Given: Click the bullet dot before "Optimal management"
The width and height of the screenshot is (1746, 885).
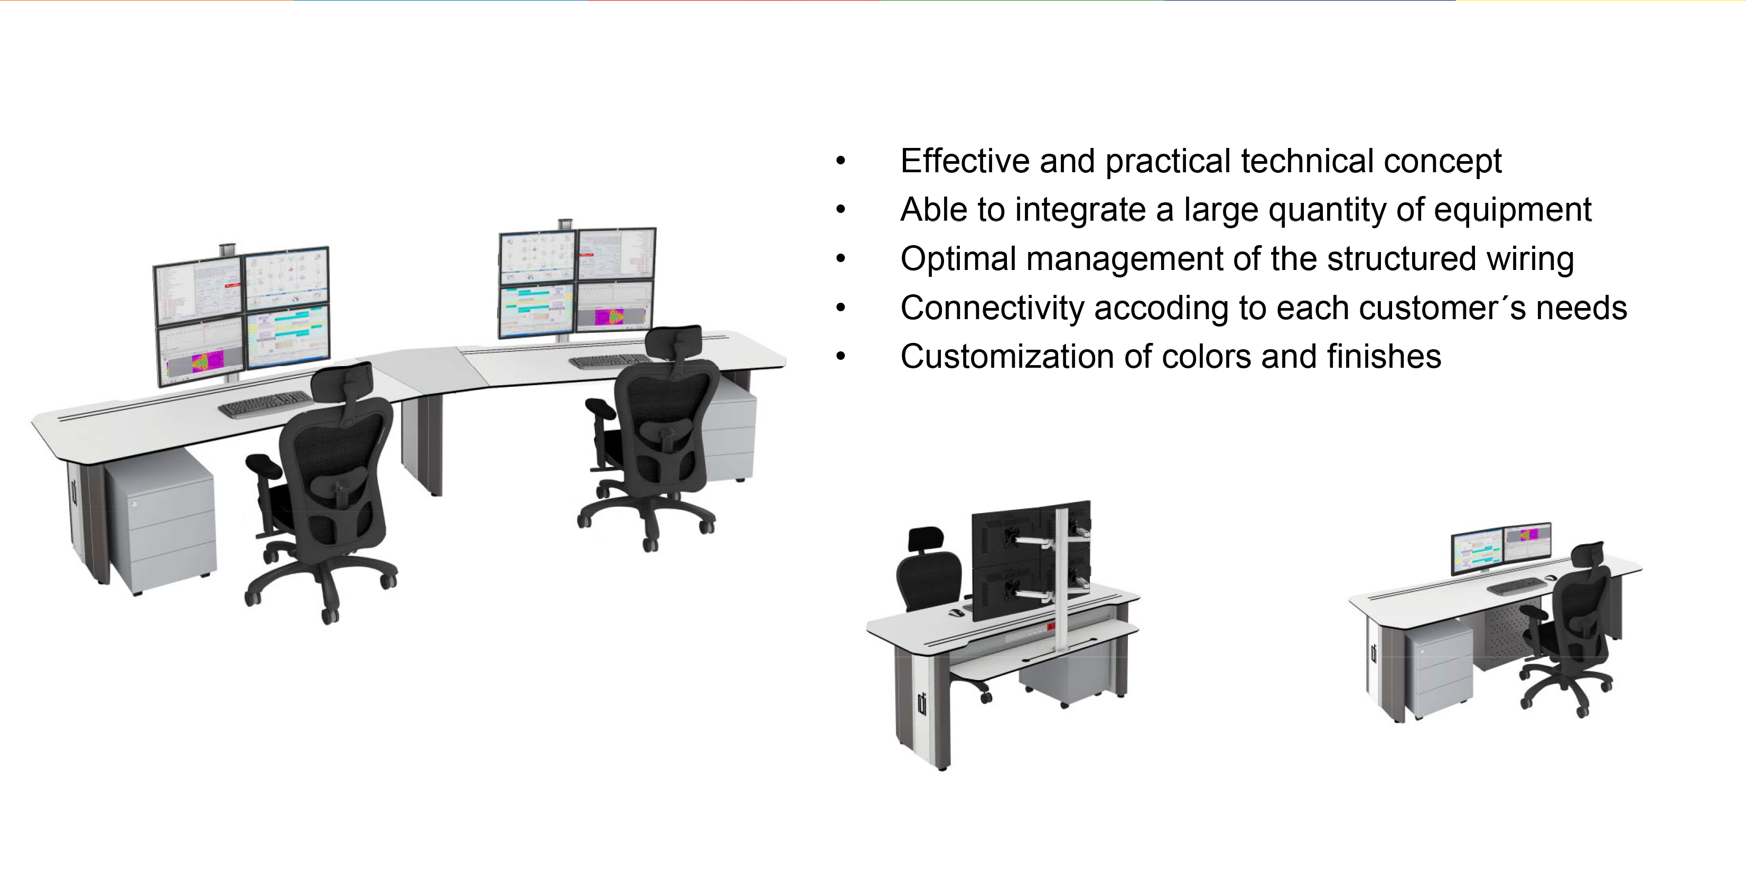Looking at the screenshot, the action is click(841, 259).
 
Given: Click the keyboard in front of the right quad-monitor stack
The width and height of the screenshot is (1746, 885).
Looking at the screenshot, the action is click(610, 362).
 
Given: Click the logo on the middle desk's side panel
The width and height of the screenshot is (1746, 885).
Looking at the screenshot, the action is click(922, 703).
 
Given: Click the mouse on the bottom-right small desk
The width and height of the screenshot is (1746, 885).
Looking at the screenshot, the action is click(1551, 577).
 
